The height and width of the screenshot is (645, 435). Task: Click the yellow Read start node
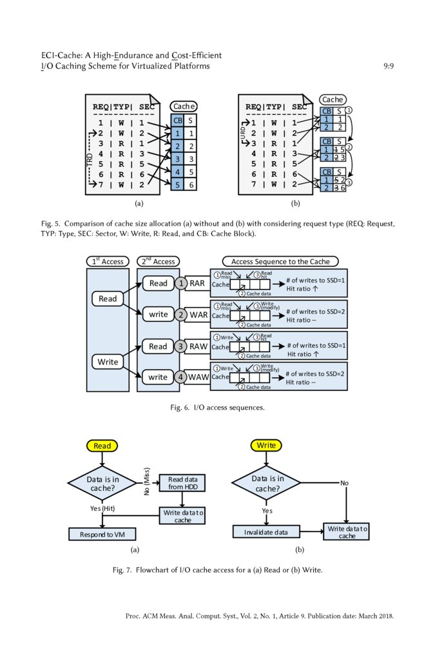point(102,446)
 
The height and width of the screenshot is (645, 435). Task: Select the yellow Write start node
point(266,446)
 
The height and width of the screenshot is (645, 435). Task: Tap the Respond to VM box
point(102,535)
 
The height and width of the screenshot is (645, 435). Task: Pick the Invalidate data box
point(267,532)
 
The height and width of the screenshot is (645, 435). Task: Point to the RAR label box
point(197,283)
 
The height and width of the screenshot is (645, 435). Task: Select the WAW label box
point(198,377)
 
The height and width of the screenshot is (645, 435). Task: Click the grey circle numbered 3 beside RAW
point(182,346)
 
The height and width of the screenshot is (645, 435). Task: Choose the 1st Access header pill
point(108,261)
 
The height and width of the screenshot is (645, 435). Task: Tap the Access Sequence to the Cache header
point(280,261)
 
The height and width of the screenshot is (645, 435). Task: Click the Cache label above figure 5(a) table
point(184,106)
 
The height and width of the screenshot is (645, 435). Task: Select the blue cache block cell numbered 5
point(177,185)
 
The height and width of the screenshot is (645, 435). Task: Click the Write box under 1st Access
point(108,362)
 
